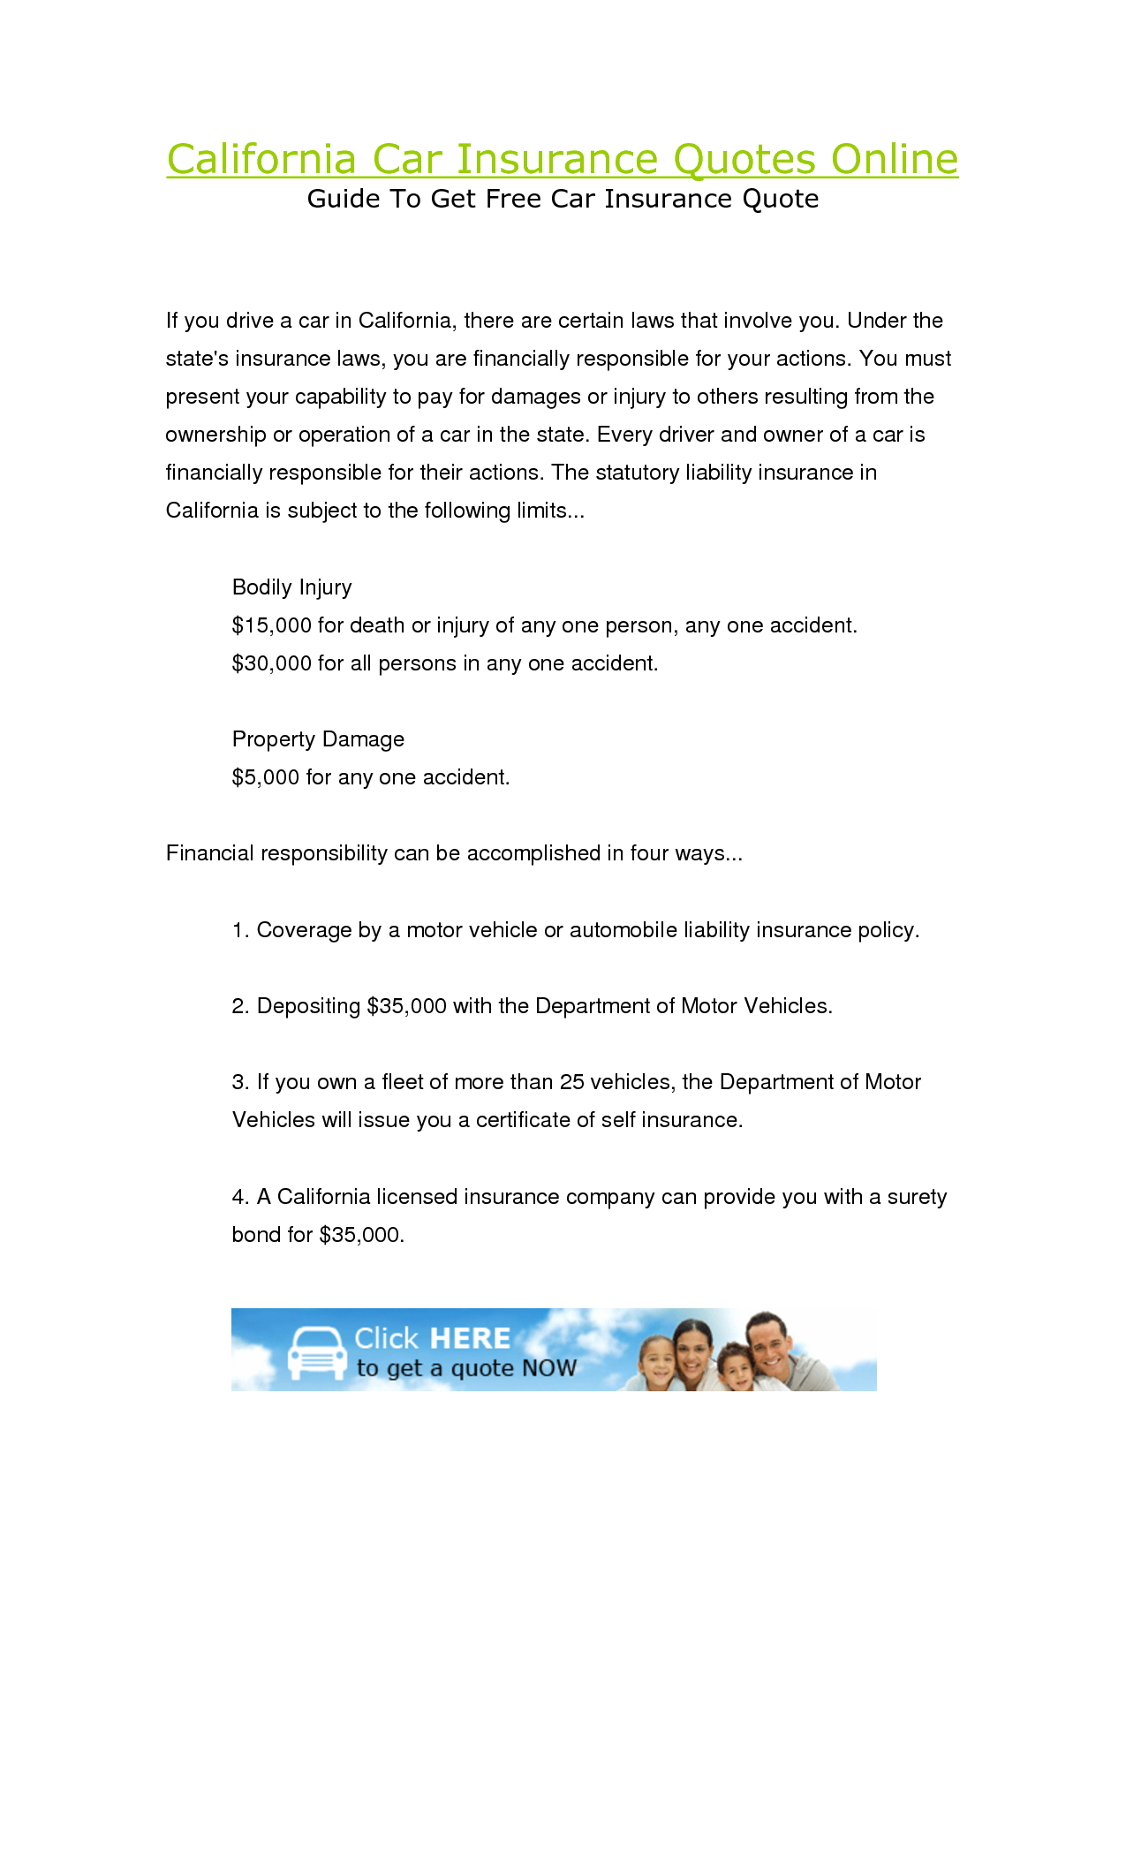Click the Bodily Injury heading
pyautogui.click(x=291, y=587)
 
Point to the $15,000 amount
pyautogui.click(x=271, y=625)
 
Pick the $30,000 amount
pyautogui.click(x=271, y=663)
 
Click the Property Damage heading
pyautogui.click(x=318, y=739)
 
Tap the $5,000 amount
pyautogui.click(x=265, y=777)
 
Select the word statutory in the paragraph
pyautogui.click(x=638, y=473)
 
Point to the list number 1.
pyautogui.click(x=239, y=930)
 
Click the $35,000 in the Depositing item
pyautogui.click(x=406, y=1006)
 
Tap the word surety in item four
pyautogui.click(x=917, y=1197)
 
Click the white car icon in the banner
pyautogui.click(x=317, y=1352)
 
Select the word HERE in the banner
pyautogui.click(x=470, y=1338)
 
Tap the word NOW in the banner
pyautogui.click(x=548, y=1368)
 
